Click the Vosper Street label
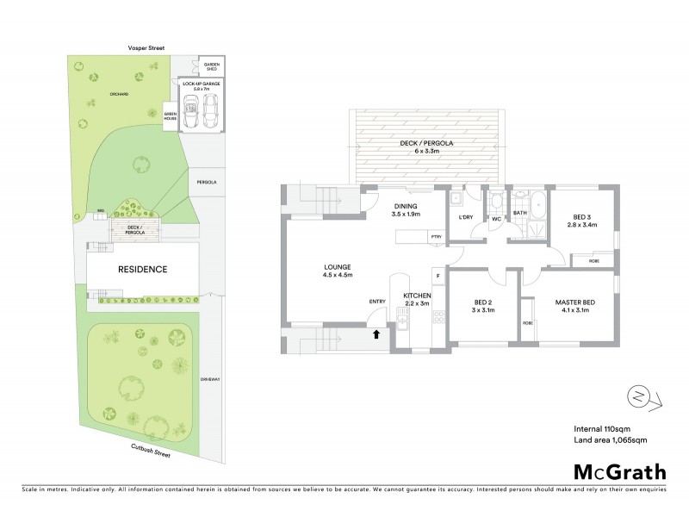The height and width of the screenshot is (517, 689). (144, 49)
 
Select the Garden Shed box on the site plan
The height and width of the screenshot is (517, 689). (211, 67)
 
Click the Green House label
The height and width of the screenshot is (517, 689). (170, 114)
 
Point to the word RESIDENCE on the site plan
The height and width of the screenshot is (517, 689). (142, 269)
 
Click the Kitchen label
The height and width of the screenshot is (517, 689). (418, 299)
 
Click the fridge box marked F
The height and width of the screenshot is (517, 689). (438, 276)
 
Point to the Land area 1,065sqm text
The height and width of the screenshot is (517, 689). (610, 439)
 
